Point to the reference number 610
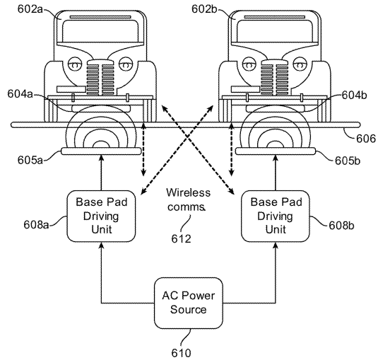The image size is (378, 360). click(x=181, y=353)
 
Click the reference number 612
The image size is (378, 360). click(x=181, y=239)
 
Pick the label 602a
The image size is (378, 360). click(x=30, y=9)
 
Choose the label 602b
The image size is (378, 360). click(x=204, y=9)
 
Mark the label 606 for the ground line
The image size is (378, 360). click(x=366, y=139)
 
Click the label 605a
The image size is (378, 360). click(x=30, y=160)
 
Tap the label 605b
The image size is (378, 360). click(x=348, y=161)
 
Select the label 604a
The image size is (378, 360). click(x=20, y=94)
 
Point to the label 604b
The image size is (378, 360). click(x=355, y=95)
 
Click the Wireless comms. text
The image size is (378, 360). click(x=188, y=199)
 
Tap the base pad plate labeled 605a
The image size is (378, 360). click(x=101, y=151)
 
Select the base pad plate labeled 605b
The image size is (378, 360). click(x=276, y=151)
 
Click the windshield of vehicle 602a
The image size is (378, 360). click(x=100, y=31)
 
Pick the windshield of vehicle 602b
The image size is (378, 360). click(x=275, y=31)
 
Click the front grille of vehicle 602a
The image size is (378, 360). click(x=100, y=78)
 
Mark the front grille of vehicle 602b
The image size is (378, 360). click(x=275, y=78)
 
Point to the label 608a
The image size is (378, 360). click(x=36, y=225)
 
